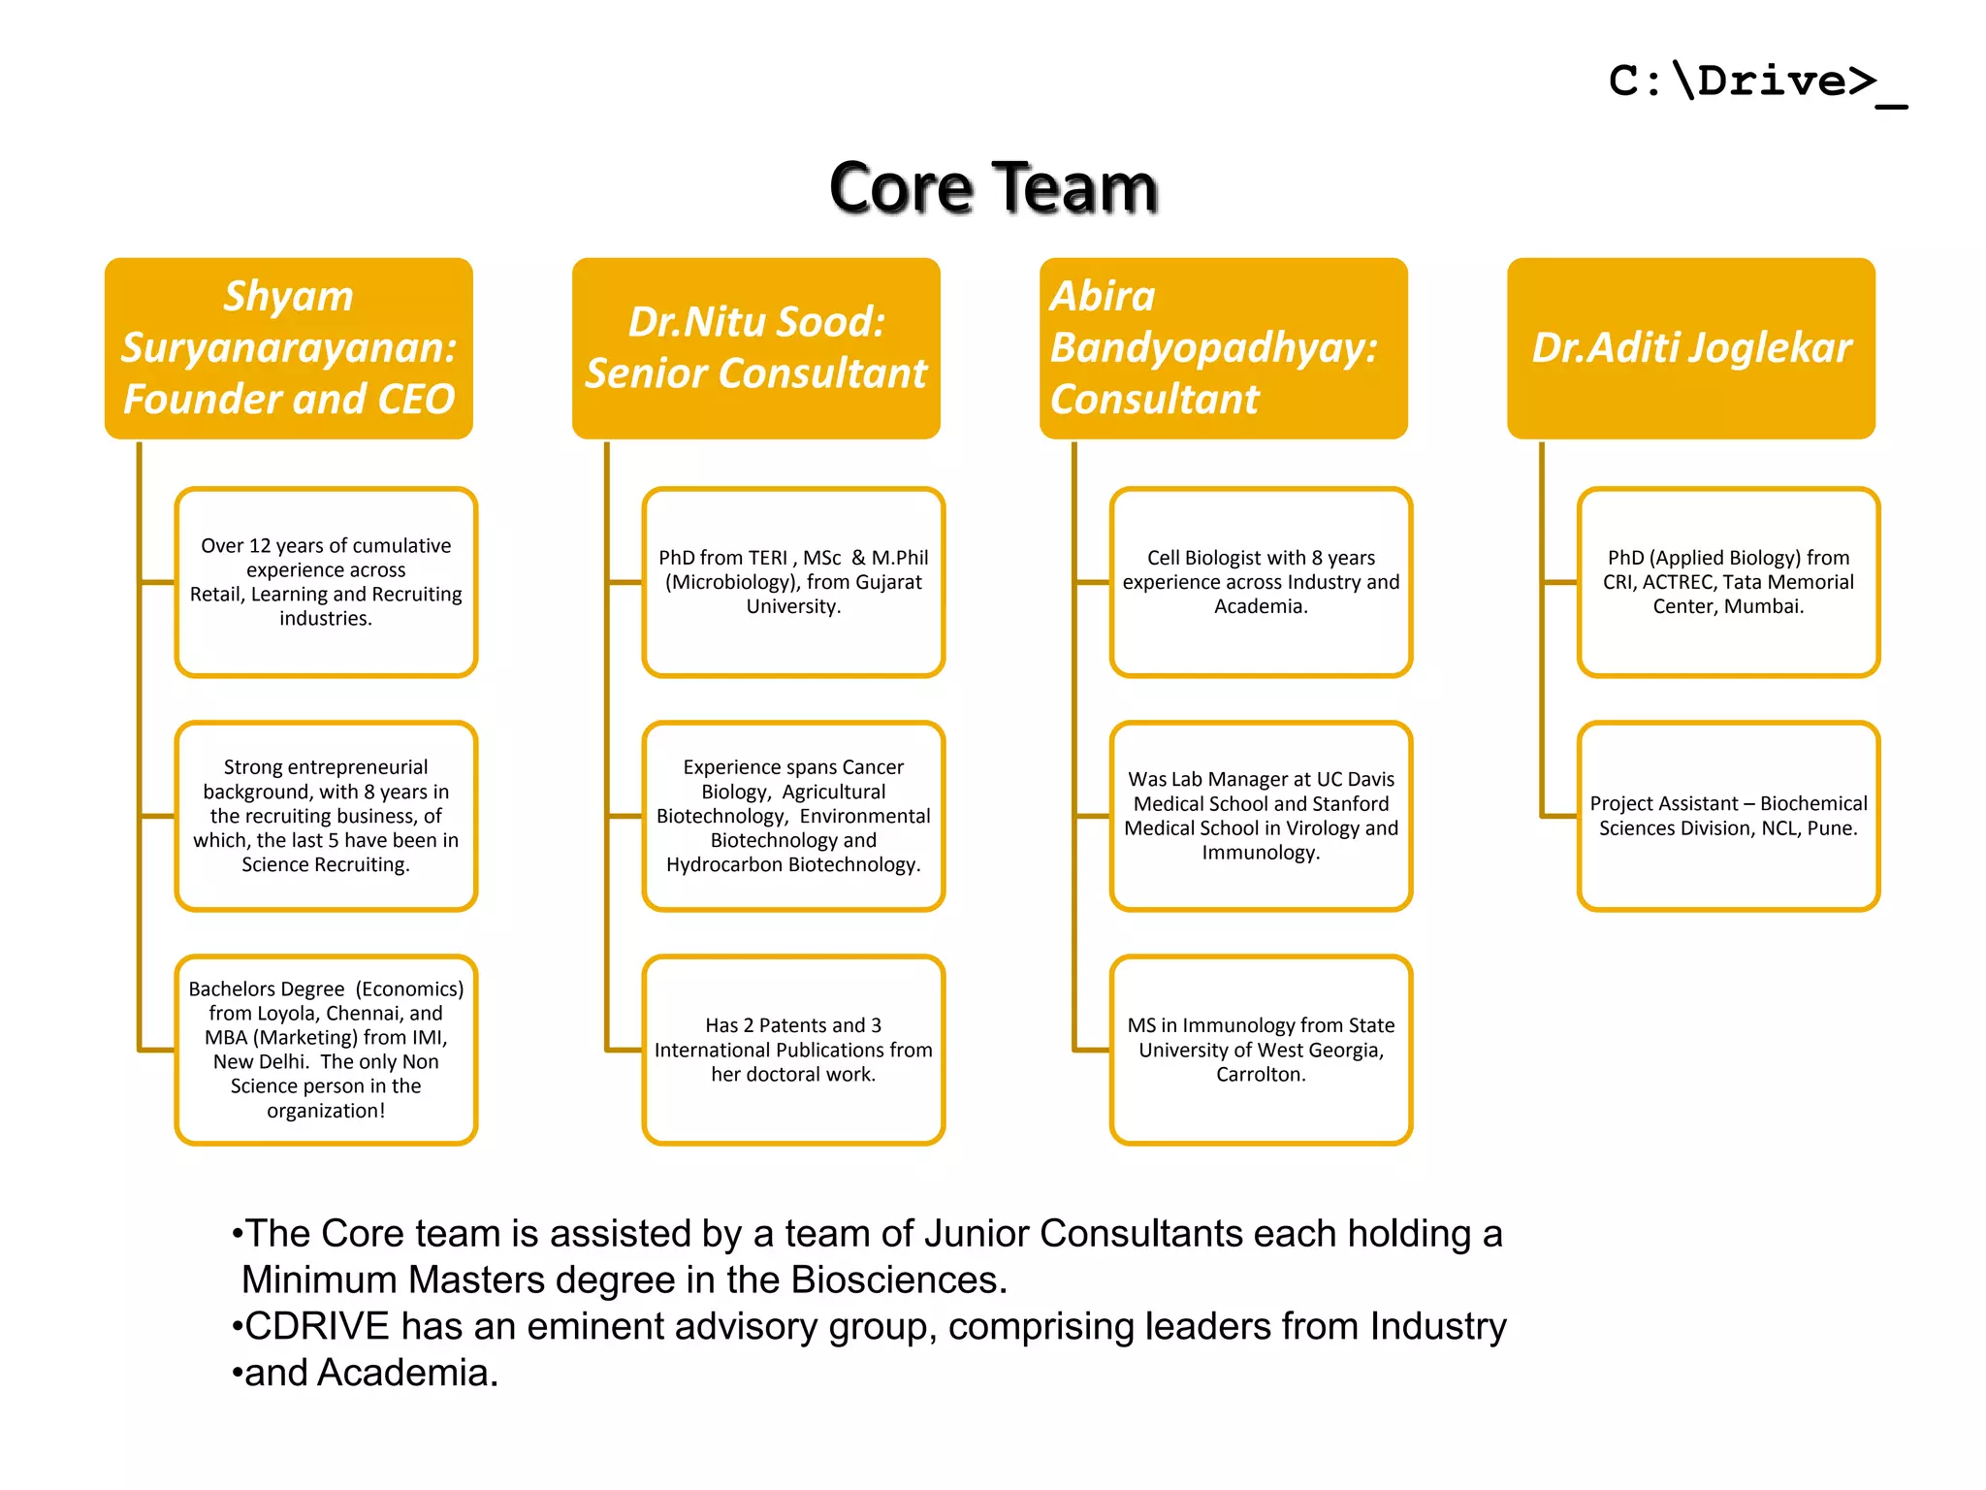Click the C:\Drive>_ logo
tap(1755, 81)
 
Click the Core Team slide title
tap(993, 187)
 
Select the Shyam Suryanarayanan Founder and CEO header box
tap(289, 347)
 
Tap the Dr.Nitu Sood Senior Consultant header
tap(756, 347)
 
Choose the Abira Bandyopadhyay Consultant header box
tap(1224, 347)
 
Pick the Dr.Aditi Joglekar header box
tap(1691, 347)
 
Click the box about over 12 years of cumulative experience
tap(326, 581)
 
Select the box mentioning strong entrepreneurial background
tap(326, 816)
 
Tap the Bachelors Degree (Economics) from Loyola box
tap(326, 1050)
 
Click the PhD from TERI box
tap(793, 581)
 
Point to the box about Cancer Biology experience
tap(793, 816)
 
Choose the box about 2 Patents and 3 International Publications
tap(793, 1050)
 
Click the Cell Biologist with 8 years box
tap(1261, 581)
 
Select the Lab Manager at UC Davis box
tap(1261, 816)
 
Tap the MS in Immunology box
tap(1261, 1050)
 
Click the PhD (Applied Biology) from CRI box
tap(1728, 581)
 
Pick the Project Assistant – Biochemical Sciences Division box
tap(1728, 816)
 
